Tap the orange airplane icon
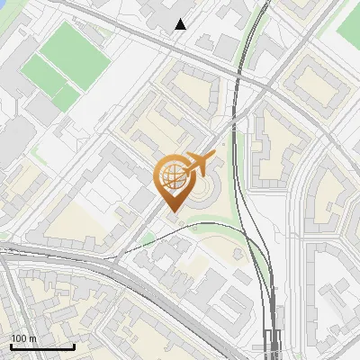200,165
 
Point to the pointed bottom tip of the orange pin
172,213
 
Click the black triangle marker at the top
181,24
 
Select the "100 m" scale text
23,338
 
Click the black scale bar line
41,346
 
